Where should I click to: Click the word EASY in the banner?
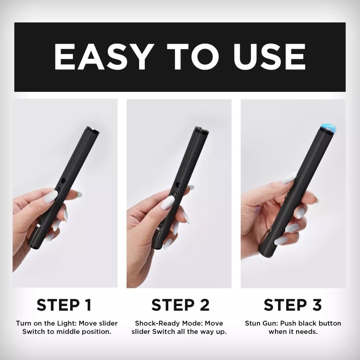(x=104, y=57)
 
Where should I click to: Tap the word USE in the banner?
(x=270, y=57)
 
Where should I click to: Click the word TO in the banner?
(x=193, y=57)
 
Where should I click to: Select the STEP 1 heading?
(x=64, y=305)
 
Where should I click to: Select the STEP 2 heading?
(x=180, y=305)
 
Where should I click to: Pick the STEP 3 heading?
(x=293, y=305)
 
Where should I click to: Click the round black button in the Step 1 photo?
(x=63, y=181)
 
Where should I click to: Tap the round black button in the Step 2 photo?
(x=178, y=184)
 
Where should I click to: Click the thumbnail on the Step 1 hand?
(x=50, y=196)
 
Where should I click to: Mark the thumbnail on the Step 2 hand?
(x=167, y=202)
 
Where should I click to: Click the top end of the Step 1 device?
(x=93, y=130)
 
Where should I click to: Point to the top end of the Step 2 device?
(x=202, y=130)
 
